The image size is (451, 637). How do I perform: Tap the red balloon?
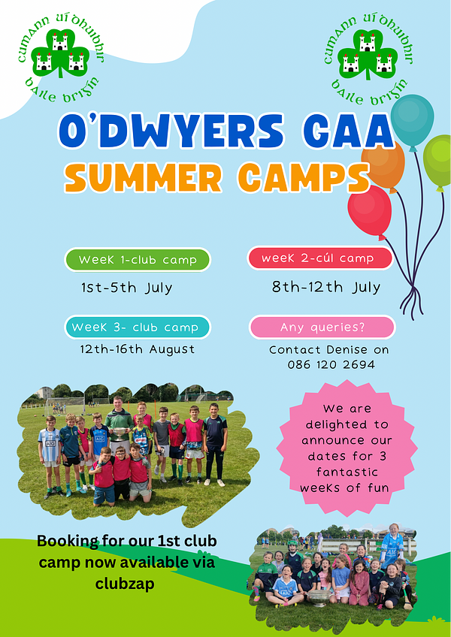370,211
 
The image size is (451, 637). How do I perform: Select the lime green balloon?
437,161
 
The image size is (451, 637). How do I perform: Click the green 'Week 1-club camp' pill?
138,260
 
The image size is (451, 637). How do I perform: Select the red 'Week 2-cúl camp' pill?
320,258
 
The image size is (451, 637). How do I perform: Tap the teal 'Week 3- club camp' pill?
138,327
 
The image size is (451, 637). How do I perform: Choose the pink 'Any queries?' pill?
322,327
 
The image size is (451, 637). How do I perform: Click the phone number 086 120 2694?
331,364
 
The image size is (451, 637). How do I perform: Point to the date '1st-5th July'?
127,288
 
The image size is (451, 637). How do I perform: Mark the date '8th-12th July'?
326,288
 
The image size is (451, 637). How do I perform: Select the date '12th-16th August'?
138,349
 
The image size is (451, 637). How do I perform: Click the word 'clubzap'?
125,584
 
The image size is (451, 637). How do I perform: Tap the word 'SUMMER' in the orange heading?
143,177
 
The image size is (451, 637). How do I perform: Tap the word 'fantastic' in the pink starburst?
347,472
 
